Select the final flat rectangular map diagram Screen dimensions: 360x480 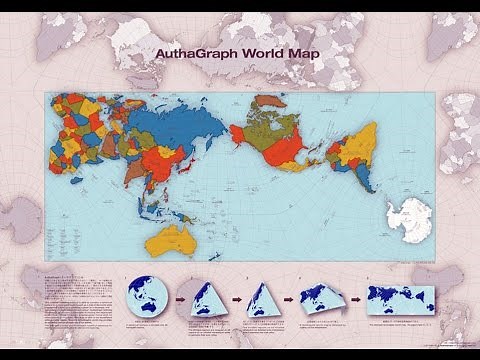[x=399, y=297]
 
